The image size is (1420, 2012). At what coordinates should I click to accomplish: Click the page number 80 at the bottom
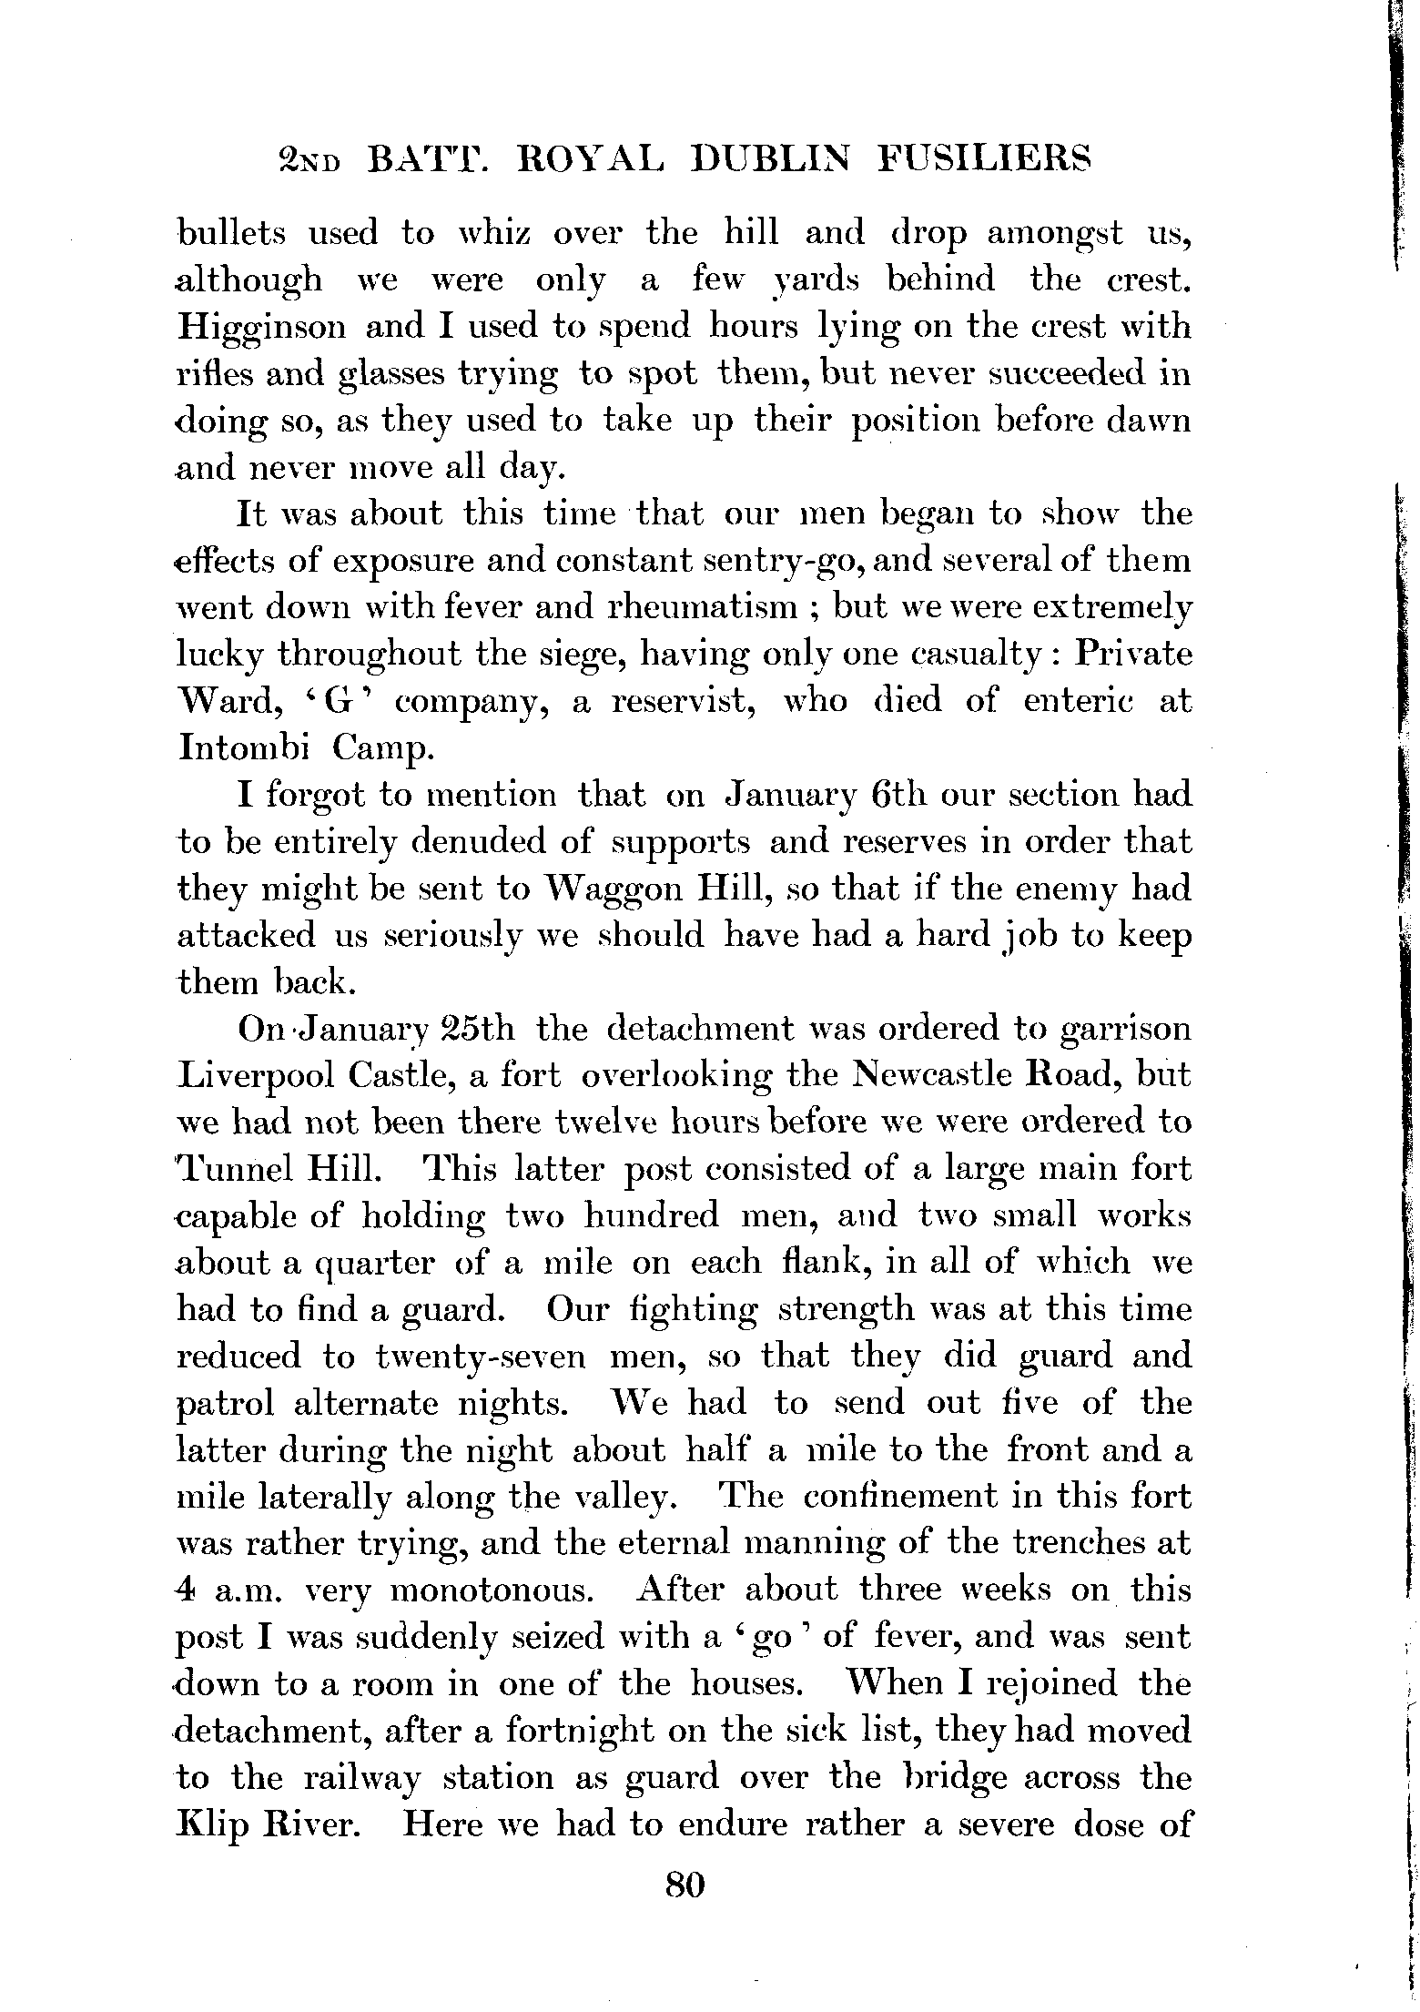coord(685,1883)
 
